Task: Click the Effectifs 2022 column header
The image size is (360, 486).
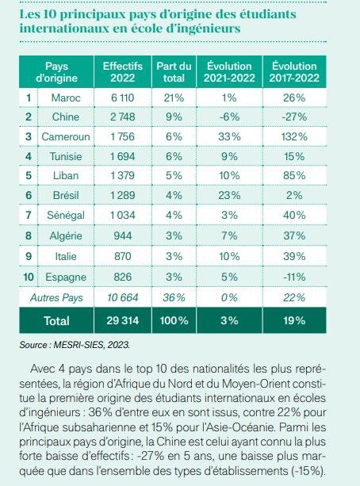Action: (123, 72)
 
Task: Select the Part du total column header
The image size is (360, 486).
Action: (174, 72)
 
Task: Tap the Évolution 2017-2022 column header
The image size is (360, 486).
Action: (294, 72)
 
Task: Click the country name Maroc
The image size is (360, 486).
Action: (66, 98)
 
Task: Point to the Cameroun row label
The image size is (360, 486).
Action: (66, 136)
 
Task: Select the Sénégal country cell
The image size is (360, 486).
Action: (66, 215)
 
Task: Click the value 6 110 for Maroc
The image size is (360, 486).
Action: (123, 98)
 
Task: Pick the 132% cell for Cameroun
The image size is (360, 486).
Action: (294, 136)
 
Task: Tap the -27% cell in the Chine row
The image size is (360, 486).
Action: (294, 117)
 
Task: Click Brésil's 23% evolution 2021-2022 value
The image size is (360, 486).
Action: (229, 195)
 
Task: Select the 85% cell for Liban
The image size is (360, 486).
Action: (294, 175)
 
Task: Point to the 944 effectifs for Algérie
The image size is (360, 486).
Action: (123, 236)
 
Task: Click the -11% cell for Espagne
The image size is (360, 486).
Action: (294, 277)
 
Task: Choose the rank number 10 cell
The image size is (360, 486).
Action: (29, 277)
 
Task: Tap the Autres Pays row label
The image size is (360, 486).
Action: (56, 297)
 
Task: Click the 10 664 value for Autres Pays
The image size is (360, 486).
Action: (123, 297)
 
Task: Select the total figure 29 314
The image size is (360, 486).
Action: (123, 320)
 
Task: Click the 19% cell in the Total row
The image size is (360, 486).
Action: (294, 320)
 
